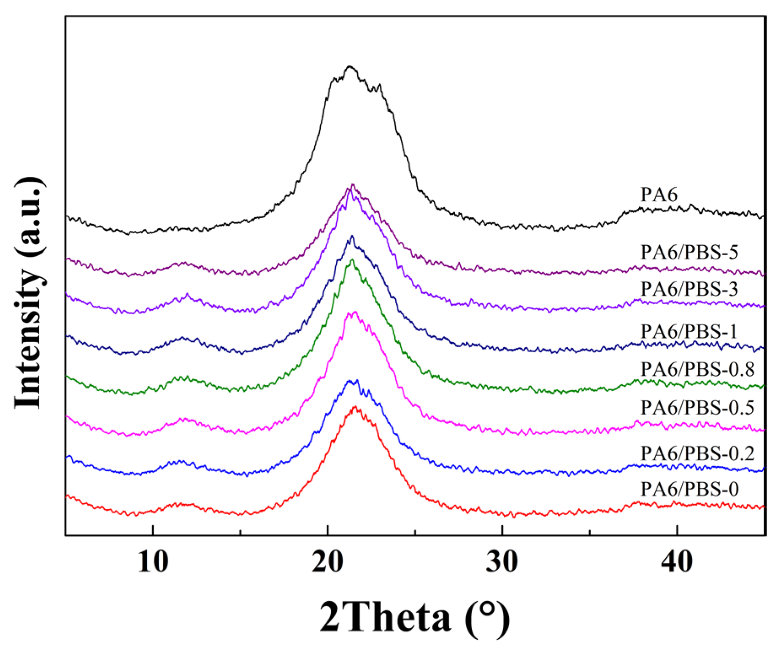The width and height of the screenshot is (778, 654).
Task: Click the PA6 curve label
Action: (x=659, y=195)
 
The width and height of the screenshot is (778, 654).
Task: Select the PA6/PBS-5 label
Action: (x=689, y=252)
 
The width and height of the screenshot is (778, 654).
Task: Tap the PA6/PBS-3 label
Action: (x=689, y=289)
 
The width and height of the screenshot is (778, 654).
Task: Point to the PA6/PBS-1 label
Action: (x=689, y=332)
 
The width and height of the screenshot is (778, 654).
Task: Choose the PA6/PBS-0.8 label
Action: (x=697, y=370)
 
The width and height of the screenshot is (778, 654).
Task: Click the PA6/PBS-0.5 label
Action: (x=697, y=408)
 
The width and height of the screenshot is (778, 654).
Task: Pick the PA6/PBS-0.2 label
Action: (x=697, y=454)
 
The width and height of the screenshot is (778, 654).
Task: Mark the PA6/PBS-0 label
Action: (x=689, y=489)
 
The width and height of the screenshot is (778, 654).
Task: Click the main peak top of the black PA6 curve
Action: (x=349, y=66)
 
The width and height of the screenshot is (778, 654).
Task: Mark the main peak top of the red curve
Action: (x=355, y=407)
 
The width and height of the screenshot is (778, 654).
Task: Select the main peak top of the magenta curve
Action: (x=354, y=312)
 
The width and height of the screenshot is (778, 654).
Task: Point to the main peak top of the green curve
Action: (x=352, y=259)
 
